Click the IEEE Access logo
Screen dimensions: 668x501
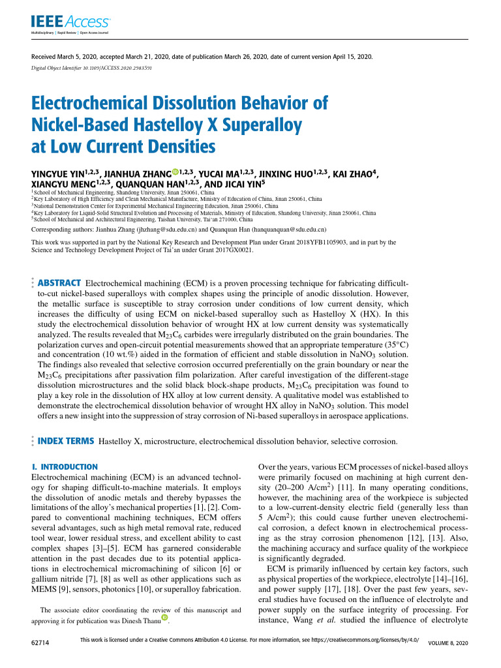(x=59, y=23)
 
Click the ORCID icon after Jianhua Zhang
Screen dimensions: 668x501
(x=175, y=173)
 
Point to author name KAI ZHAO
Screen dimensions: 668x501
(x=354, y=175)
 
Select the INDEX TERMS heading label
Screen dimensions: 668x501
(x=66, y=441)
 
